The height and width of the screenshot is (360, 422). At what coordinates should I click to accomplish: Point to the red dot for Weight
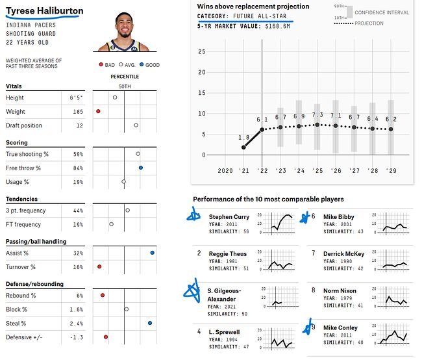pyautogui.click(x=98, y=112)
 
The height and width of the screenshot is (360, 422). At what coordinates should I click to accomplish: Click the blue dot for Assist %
pyautogui.click(x=152, y=253)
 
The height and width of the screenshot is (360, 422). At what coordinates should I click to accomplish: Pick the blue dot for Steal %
pyautogui.click(x=150, y=323)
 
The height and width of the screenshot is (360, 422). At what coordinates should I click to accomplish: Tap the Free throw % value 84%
pyautogui.click(x=78, y=168)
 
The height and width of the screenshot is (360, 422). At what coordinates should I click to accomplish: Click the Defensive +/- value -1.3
pyautogui.click(x=77, y=337)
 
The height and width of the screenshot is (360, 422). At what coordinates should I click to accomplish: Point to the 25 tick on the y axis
pyautogui.click(x=202, y=52)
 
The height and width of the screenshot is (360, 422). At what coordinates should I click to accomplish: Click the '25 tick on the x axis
pyautogui.click(x=317, y=170)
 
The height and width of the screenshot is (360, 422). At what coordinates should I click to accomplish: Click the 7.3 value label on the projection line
pyautogui.click(x=317, y=115)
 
